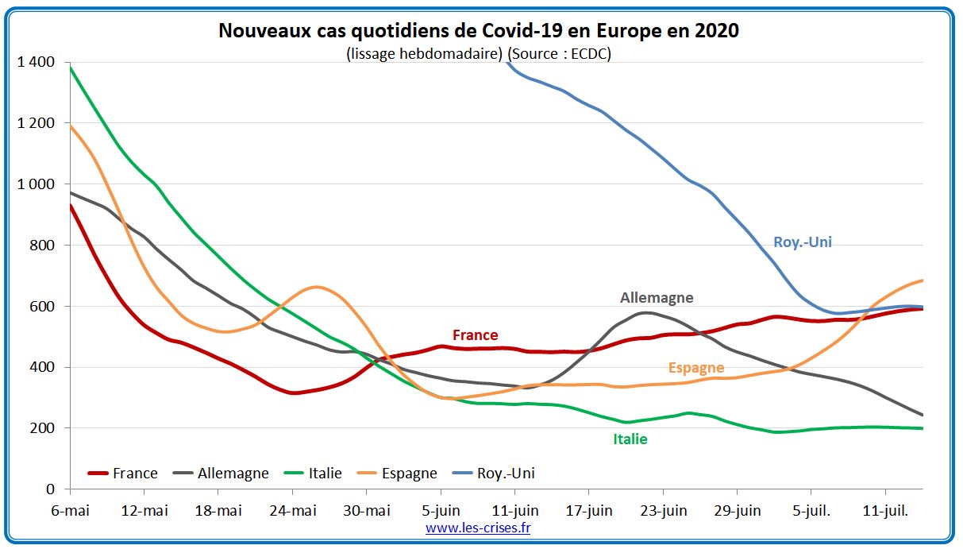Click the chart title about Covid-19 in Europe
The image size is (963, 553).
(478, 32)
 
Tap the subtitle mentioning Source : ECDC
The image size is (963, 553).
(478, 53)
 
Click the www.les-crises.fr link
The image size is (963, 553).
(477, 528)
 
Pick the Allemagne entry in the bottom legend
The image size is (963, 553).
(232, 474)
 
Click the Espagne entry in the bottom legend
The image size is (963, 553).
(409, 474)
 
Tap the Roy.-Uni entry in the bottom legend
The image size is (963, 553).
(506, 474)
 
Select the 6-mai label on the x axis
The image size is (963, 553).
(70, 510)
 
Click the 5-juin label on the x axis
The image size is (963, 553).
(440, 510)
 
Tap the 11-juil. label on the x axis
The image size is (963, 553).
(884, 510)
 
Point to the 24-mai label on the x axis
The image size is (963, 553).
(292, 510)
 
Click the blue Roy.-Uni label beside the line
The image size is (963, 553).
(803, 242)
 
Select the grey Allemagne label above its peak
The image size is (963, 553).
(657, 298)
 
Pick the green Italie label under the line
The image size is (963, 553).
(630, 439)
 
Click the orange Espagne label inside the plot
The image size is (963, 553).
(696, 368)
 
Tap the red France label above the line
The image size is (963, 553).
(475, 335)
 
